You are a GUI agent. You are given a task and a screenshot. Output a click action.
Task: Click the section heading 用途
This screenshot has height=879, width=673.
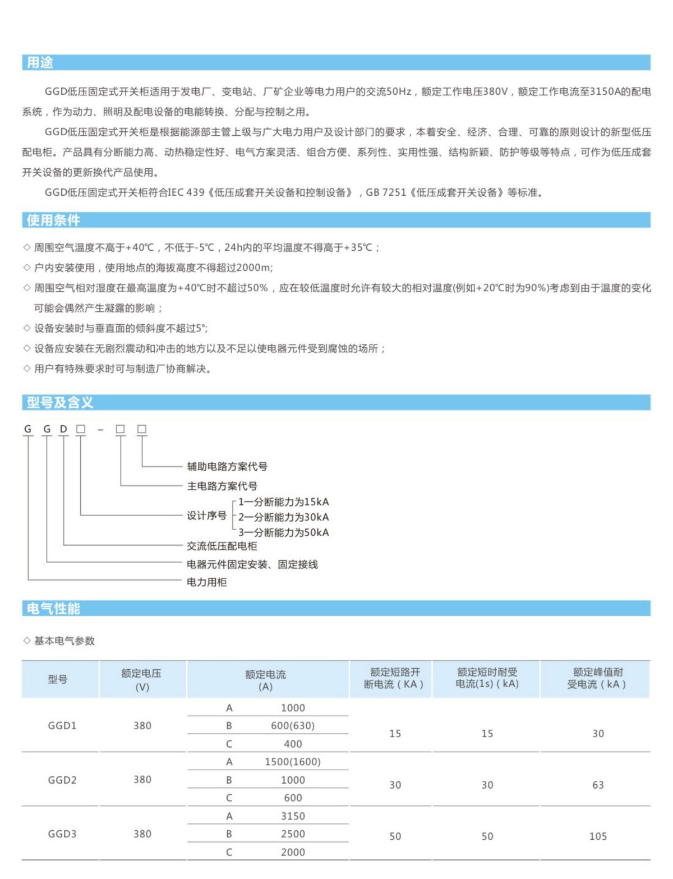tap(40, 63)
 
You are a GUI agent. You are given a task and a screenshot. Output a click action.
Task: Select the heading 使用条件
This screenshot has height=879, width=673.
tap(53, 220)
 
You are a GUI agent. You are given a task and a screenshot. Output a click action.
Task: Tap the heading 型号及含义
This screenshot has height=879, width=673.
tap(60, 402)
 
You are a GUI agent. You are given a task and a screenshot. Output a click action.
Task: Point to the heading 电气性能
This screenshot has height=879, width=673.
tap(53, 609)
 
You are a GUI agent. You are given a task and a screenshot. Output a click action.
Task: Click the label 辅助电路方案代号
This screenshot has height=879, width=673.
tap(227, 466)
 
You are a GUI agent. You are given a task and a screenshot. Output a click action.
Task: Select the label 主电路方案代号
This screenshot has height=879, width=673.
tap(222, 486)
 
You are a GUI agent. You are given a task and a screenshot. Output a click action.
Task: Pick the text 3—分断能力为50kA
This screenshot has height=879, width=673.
tap(284, 532)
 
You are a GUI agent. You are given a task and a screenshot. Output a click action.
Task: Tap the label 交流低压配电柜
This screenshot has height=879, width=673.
tap(222, 546)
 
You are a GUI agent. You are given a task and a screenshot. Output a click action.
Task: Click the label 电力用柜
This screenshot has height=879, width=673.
tap(207, 582)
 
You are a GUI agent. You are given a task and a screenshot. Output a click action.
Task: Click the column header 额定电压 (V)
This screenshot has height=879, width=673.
tap(142, 679)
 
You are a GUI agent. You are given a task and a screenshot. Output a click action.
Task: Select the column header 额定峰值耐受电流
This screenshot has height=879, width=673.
tap(597, 678)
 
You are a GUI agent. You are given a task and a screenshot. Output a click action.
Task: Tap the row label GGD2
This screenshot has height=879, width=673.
tap(62, 780)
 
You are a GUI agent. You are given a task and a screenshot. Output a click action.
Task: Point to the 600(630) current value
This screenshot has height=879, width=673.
tap(293, 725)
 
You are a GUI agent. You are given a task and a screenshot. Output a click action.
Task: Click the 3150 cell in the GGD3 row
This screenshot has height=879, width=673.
tap(293, 816)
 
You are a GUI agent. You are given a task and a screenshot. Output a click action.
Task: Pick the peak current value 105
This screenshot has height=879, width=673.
tap(598, 836)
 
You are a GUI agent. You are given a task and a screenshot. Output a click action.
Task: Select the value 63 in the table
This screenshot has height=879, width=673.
tap(598, 785)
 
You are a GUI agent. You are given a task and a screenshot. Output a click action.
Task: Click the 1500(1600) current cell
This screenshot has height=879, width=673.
tap(293, 762)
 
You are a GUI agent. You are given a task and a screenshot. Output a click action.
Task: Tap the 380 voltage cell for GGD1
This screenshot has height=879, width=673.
tap(142, 725)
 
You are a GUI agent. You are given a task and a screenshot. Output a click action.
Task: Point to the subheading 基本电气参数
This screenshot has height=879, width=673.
tap(64, 641)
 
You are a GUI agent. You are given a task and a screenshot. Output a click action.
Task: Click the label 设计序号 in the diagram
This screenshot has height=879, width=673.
tap(207, 516)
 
